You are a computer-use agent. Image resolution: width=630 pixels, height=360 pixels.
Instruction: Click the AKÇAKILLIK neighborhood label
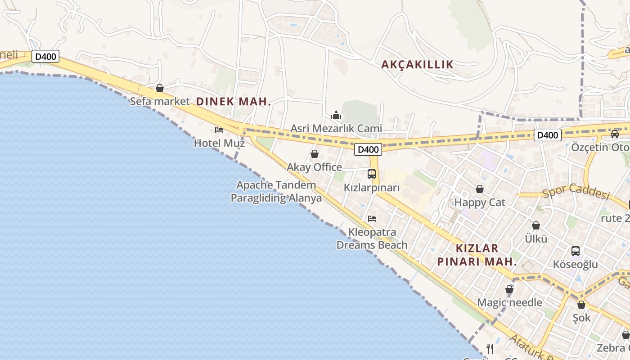417,65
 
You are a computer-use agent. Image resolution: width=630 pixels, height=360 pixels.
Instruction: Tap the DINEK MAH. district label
234,102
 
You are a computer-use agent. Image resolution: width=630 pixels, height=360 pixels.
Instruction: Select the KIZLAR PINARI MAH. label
477,255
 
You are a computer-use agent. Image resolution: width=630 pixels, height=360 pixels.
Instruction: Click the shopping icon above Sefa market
160,88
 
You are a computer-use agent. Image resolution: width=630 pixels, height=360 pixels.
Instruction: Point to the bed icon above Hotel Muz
219,130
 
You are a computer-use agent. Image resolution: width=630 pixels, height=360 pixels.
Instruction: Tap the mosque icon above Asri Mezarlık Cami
336,116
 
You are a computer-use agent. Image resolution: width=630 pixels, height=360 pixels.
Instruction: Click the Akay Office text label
315,167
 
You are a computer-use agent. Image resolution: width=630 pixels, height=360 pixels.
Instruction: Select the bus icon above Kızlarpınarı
372,174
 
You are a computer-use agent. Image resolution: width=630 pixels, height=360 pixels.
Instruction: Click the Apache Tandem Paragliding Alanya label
276,191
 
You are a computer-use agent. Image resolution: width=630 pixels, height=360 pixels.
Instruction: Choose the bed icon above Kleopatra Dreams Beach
372,219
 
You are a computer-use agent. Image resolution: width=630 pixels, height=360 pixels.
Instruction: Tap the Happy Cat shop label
480,202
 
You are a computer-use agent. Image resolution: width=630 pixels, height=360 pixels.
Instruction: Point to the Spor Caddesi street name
576,191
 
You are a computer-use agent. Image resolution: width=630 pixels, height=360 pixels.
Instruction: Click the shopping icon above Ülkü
536,225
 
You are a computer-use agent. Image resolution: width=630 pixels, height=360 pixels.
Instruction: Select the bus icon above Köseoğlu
576,251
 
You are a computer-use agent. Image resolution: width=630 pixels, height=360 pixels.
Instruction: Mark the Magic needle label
509,302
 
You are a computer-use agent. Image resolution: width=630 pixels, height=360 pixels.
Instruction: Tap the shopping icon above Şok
581,305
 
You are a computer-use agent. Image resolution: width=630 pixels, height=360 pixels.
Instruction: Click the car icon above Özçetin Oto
615,134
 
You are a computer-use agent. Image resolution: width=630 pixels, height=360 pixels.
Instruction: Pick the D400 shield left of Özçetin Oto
548,135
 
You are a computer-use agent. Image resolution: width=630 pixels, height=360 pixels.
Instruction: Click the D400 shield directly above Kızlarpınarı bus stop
368,149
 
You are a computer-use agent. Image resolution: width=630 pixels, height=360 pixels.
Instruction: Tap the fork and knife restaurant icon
490,348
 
